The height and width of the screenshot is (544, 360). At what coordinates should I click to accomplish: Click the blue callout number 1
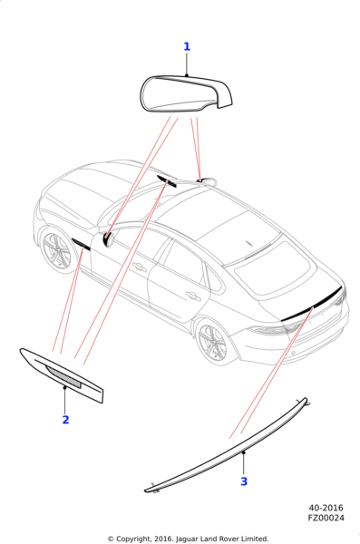coord(187,46)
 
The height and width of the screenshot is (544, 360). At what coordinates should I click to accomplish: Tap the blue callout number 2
coord(65,420)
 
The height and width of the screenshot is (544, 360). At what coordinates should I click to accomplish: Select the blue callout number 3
coord(244,481)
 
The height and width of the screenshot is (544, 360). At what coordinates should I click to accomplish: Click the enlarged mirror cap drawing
coord(186,94)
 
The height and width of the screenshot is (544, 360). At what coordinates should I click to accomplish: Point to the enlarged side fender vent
coord(62,376)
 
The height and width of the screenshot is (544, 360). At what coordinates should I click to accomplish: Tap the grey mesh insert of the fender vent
coord(63,376)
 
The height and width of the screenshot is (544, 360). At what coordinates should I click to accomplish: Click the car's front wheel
coord(56,250)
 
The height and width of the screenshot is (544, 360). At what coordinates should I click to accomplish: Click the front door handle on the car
coord(140,267)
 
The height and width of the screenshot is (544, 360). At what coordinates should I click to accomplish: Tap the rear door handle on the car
coord(193,296)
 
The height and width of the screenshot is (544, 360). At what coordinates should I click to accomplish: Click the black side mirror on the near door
coord(108,239)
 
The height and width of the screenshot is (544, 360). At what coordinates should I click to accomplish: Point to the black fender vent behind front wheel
coord(81,244)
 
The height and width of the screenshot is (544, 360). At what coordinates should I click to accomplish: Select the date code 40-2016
coord(326,508)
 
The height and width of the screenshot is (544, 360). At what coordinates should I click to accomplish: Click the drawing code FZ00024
coord(326,518)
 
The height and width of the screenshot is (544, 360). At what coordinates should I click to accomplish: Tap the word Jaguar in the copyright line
coord(188,539)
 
